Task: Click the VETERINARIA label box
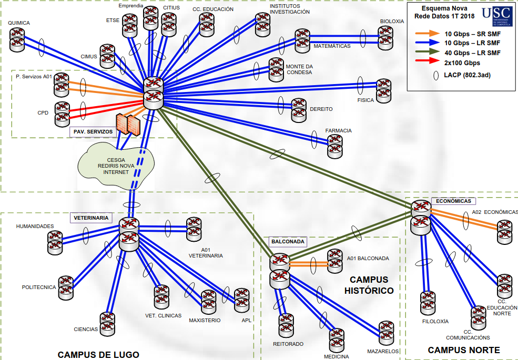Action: point(92,218)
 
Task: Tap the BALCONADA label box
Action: point(288,242)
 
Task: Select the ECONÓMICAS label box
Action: point(454,201)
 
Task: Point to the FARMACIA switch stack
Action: point(334,147)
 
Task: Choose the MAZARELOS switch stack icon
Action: point(387,332)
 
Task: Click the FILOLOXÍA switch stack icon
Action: point(428,303)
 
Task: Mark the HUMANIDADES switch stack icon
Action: point(55,241)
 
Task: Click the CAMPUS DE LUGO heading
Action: point(98,355)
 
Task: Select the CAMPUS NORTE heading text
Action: point(463,350)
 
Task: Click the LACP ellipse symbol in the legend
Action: point(436,75)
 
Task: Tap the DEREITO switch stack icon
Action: point(298,109)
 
